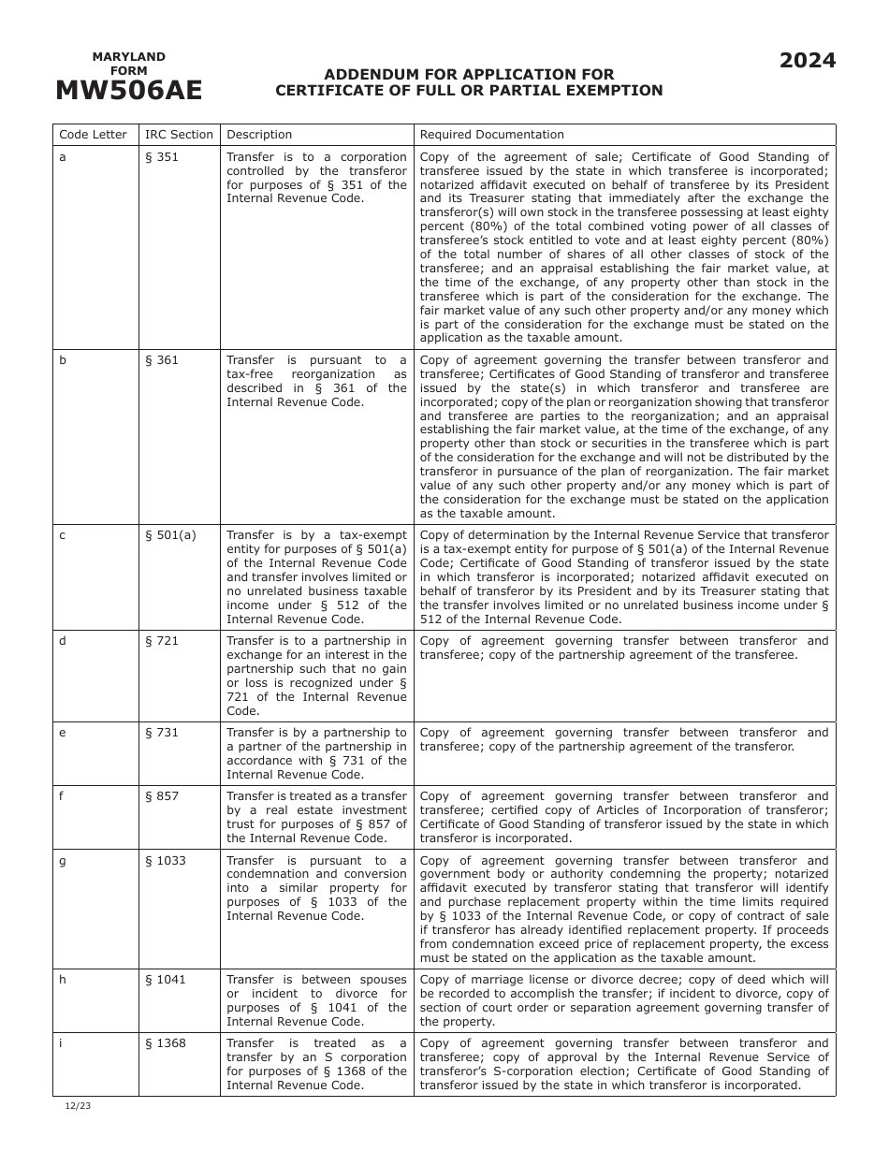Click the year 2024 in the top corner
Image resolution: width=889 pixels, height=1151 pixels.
(x=808, y=61)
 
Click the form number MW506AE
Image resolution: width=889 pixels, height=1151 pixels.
(x=128, y=90)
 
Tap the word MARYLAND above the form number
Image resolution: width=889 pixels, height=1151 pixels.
(x=128, y=57)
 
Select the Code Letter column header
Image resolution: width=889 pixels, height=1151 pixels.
(x=93, y=135)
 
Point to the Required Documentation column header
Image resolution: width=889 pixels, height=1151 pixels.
(x=491, y=135)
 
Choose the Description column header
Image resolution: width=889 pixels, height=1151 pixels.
(x=259, y=135)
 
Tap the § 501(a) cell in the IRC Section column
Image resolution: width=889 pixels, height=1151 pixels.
(x=170, y=535)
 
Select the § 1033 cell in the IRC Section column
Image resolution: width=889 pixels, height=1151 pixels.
(x=166, y=861)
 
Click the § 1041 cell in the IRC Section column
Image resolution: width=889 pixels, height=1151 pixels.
(x=166, y=980)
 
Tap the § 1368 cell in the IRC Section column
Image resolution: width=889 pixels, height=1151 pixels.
(x=166, y=1043)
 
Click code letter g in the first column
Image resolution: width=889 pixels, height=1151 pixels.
(x=63, y=861)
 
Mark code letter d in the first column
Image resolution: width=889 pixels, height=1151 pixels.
(x=63, y=641)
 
